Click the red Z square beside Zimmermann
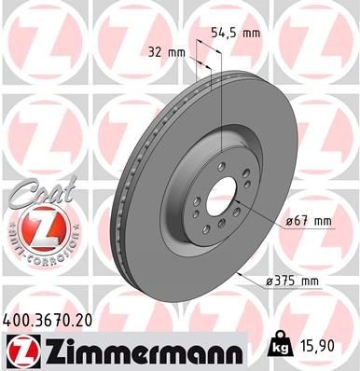tap(20, 351)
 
